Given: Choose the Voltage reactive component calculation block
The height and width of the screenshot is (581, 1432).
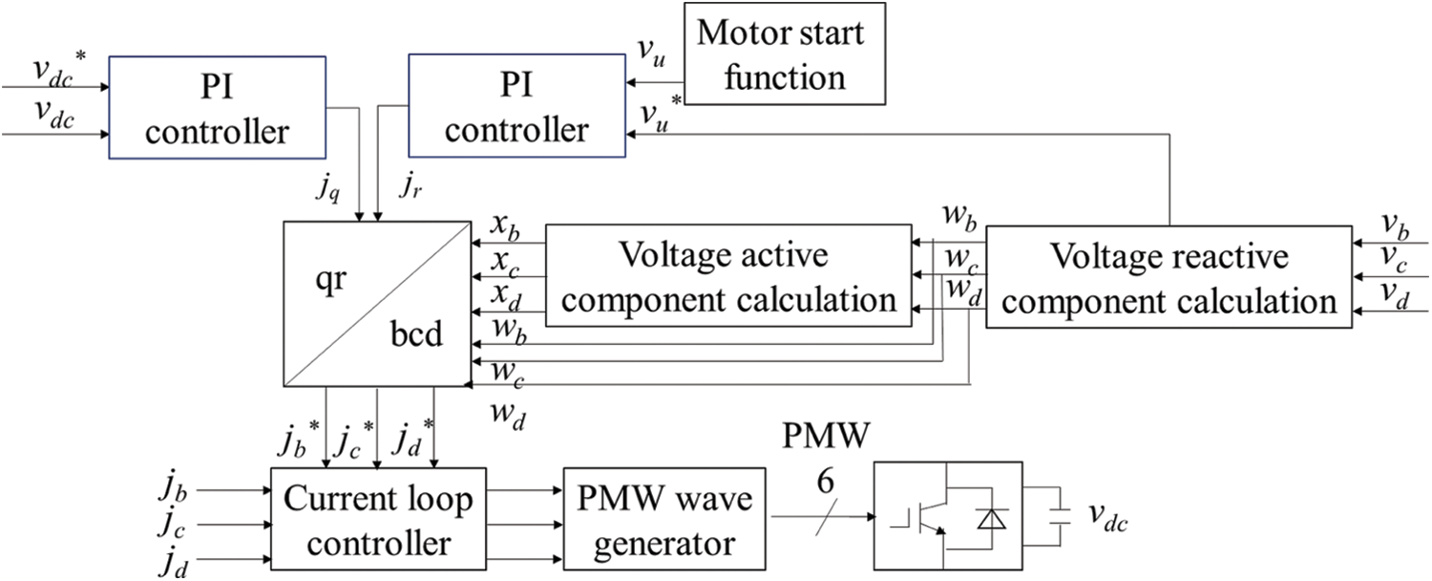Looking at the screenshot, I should pos(1170,277).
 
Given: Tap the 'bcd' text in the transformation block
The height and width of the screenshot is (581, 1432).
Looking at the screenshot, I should pos(415,336).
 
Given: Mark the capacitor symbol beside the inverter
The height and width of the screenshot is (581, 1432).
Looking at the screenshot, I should pos(1061,517).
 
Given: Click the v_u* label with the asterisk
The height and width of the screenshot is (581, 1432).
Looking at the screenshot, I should pos(658,114).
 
